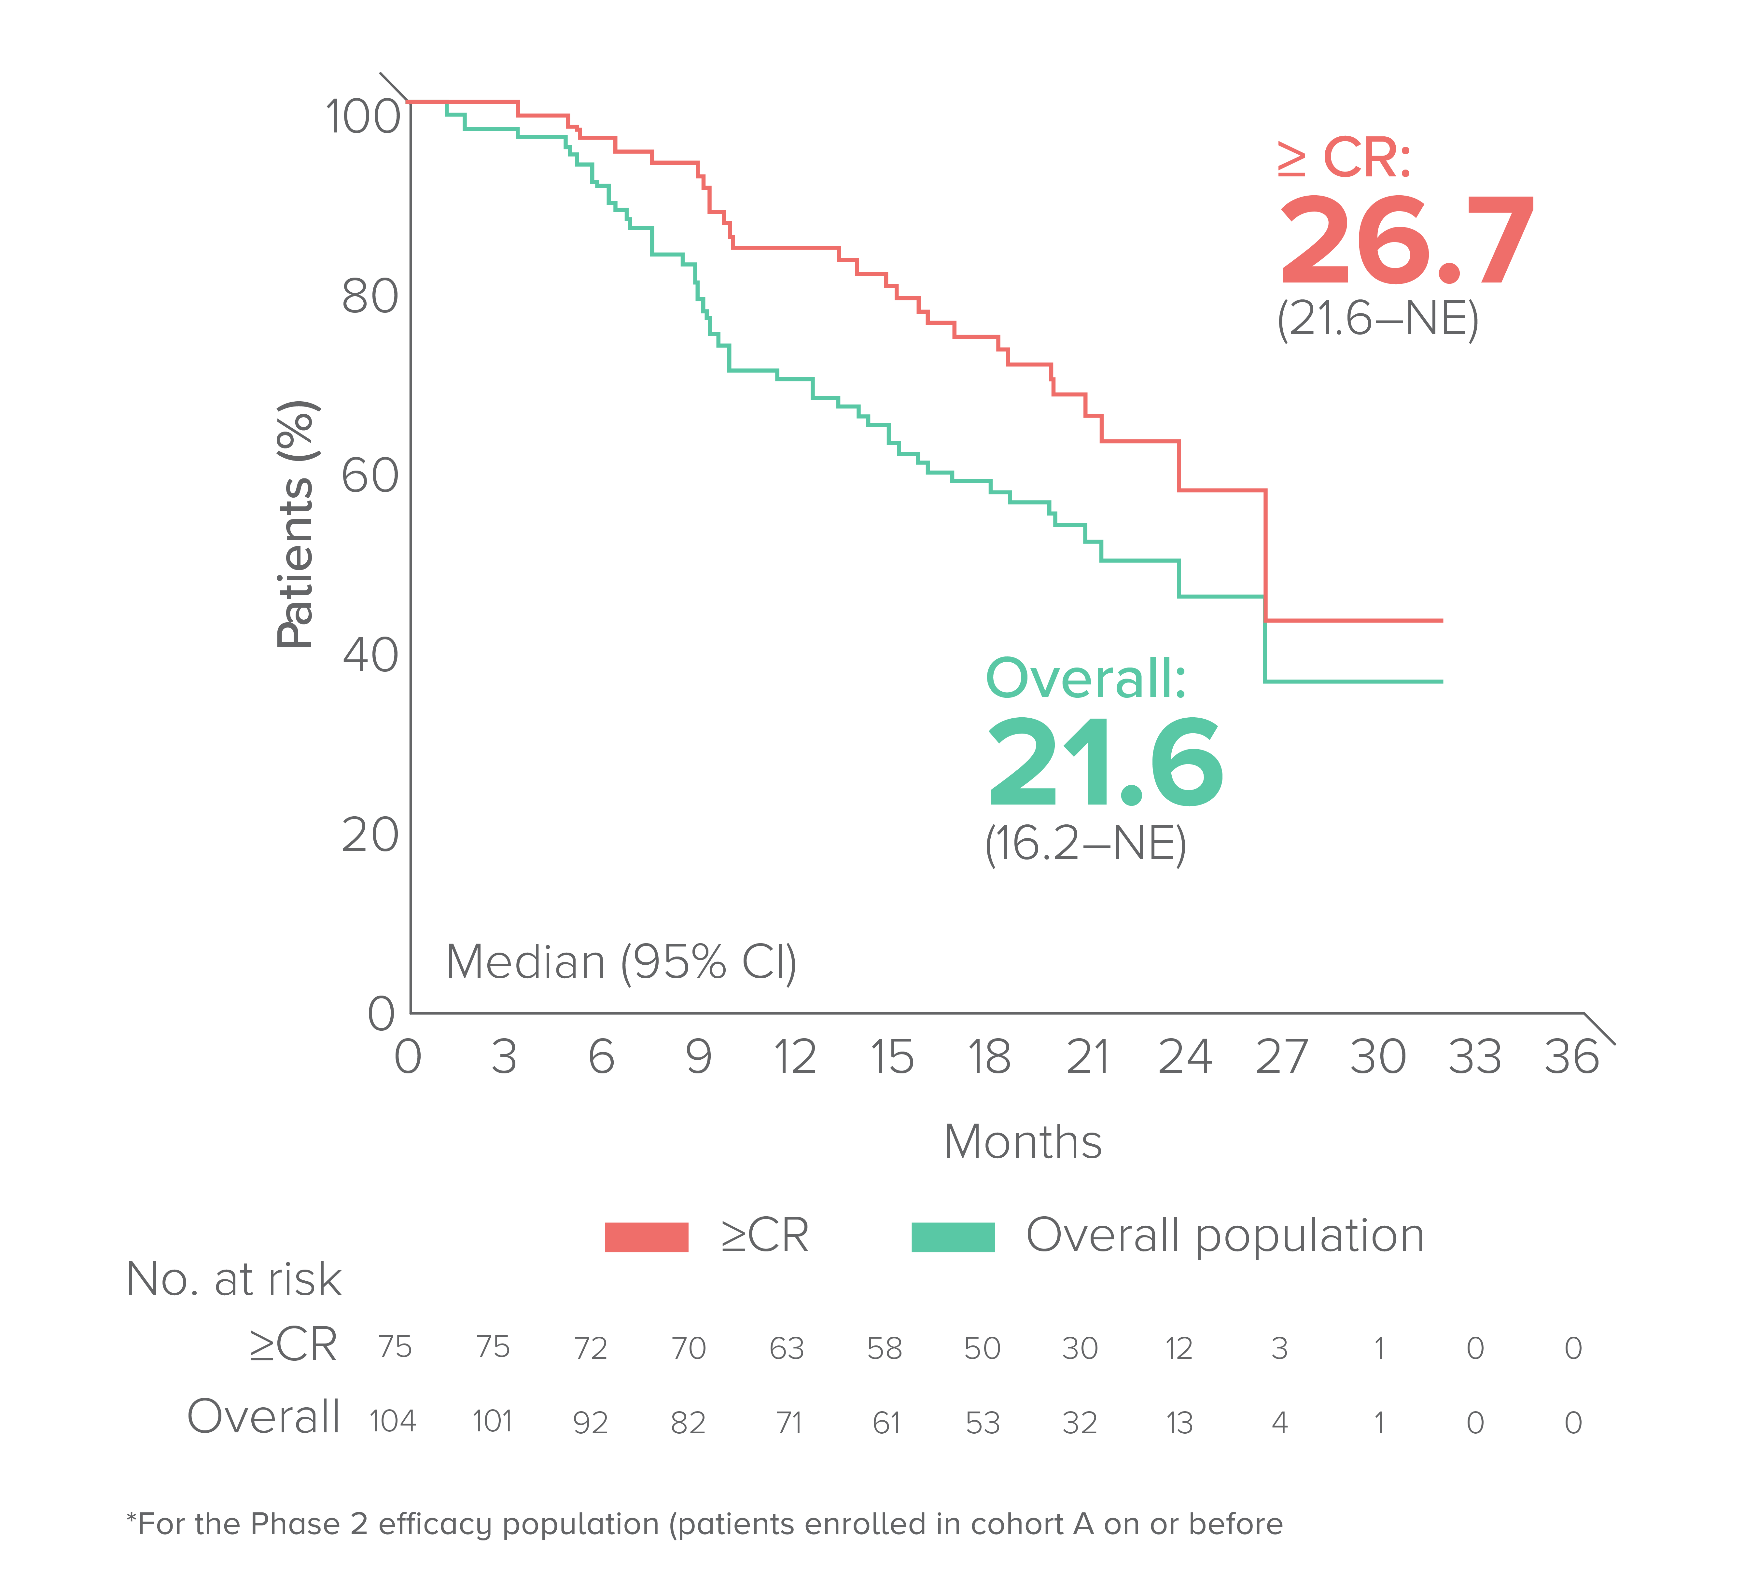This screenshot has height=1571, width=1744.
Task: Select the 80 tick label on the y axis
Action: tap(370, 296)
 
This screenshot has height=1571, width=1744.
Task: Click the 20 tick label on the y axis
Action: tap(370, 835)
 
